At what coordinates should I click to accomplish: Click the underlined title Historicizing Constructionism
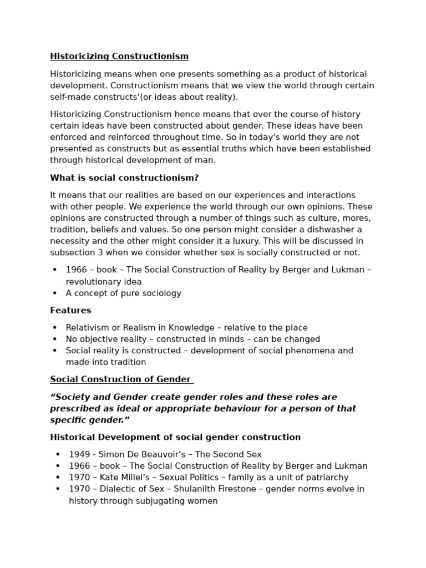point(119,57)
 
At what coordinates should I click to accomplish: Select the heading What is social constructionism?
point(124,178)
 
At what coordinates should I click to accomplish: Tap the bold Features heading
point(70,311)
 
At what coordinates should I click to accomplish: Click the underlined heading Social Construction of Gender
point(120,379)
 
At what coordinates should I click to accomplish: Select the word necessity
point(70,241)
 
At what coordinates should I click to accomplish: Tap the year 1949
point(79,455)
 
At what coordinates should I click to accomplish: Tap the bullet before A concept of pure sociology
point(55,293)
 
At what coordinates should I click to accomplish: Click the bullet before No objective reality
point(55,339)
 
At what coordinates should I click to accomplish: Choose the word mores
point(357,218)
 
